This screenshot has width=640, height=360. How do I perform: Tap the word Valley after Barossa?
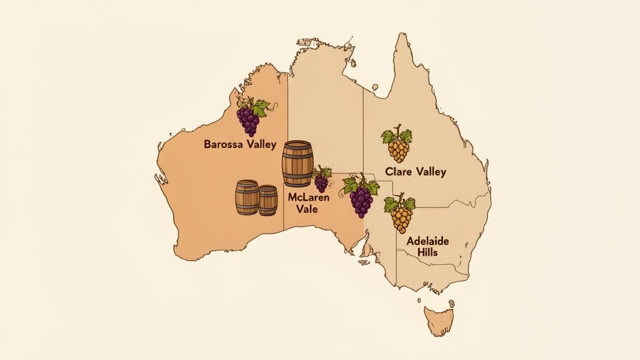point(258,144)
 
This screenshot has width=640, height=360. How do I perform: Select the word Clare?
point(399,171)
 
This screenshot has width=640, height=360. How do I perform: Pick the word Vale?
point(306,209)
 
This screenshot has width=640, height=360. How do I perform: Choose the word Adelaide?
point(429,241)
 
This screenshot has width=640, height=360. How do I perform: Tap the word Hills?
point(429,252)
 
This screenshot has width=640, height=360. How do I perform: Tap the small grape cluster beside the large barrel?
point(322,181)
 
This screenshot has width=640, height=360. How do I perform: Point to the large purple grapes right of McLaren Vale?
point(361,199)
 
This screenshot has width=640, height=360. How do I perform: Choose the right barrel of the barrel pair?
point(268,200)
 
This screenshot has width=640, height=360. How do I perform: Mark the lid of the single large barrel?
point(297,145)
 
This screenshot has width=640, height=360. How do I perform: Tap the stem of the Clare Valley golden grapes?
point(397,131)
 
